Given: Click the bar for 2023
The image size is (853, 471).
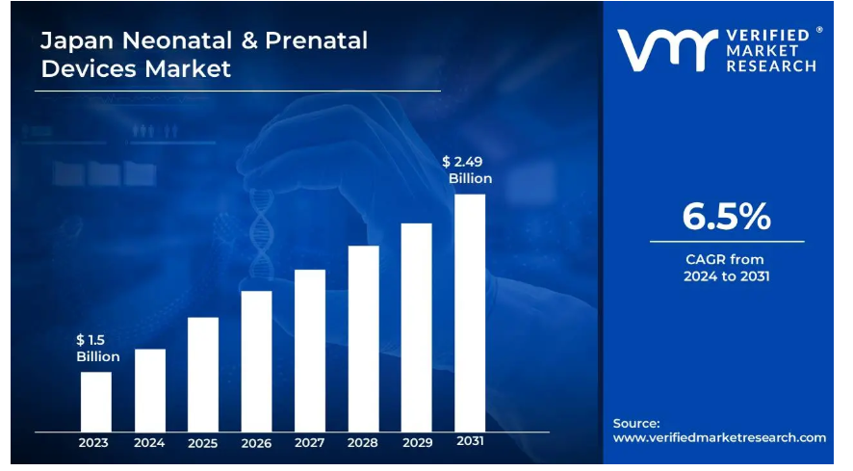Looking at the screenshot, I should pos(95,401).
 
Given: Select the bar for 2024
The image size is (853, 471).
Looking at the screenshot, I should pos(149,389).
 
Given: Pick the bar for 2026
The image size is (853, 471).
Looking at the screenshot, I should pos(256,360).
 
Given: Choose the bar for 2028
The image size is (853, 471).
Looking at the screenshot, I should pos(363,338).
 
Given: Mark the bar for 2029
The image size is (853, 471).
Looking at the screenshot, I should pos(416,327).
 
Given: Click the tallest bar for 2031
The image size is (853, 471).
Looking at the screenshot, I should pos(470,312).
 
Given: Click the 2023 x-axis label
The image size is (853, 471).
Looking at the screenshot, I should pos(94,443).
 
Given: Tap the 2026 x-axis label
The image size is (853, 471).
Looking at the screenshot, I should pos(256,443).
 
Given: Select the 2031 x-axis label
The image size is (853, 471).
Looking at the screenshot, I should pos(470,442).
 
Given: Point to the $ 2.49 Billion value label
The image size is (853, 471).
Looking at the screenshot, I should pos(467,170).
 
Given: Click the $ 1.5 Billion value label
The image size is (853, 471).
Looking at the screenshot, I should pos(97,348).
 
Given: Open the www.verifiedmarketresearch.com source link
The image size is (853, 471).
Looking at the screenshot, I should pos(719,437).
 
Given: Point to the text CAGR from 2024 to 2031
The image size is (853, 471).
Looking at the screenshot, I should pos(726,268).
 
